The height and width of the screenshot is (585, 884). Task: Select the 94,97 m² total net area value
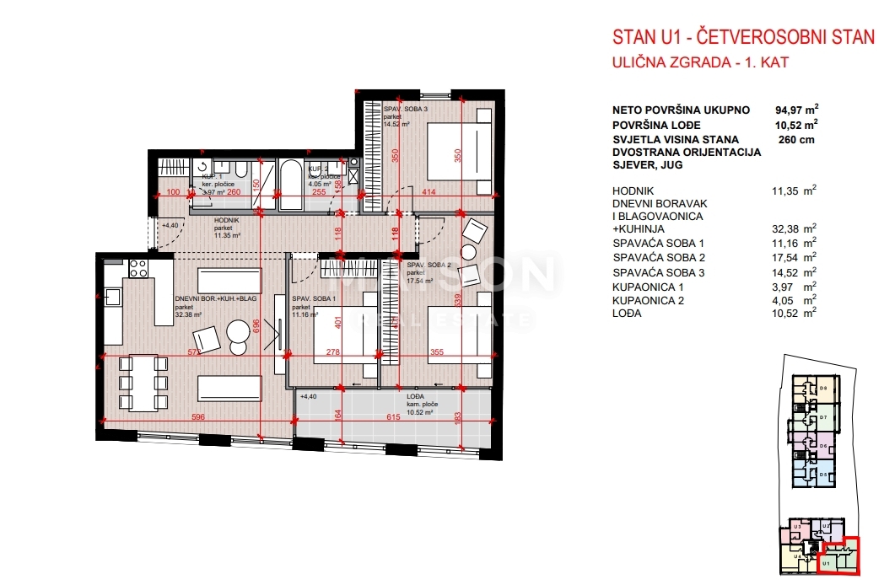(796, 110)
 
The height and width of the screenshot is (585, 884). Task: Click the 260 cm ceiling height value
(796, 140)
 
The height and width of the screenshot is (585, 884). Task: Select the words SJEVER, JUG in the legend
(647, 165)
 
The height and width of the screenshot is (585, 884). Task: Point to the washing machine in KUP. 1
(203, 166)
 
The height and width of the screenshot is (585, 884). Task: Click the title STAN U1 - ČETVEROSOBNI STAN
(743, 37)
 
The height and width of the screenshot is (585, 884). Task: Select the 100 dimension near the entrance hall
(174, 192)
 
